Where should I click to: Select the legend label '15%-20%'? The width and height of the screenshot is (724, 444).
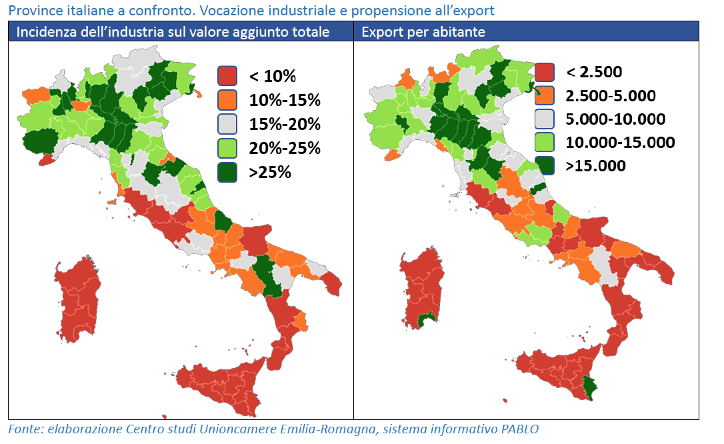point(285,124)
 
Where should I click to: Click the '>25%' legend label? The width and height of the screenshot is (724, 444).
point(270,172)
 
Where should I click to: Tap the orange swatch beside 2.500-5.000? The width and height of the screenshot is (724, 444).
point(545,95)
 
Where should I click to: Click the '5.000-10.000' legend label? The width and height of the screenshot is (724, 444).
point(615,119)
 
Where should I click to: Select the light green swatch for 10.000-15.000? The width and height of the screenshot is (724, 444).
point(545,142)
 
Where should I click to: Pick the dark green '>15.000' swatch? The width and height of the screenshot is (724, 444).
point(545,165)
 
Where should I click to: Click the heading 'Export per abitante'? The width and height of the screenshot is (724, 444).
point(423,32)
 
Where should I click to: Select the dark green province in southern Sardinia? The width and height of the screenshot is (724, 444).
point(422,321)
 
